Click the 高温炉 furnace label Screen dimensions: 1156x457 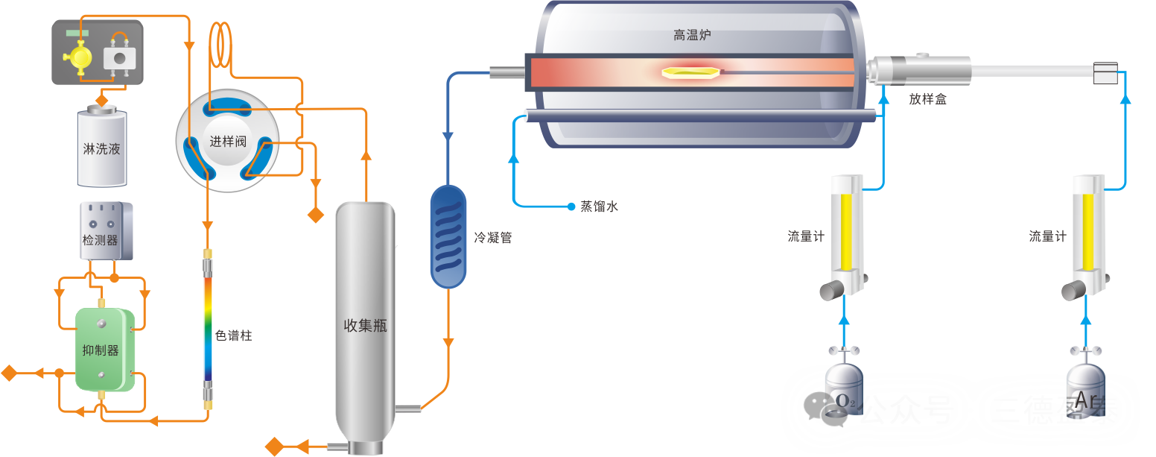pos(692,34)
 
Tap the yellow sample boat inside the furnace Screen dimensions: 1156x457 pos(690,72)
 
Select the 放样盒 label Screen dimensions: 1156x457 pos(927,98)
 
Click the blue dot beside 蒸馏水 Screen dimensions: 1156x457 pos(571,207)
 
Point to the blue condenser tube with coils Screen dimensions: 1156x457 pos(448,236)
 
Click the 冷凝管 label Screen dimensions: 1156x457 pos(493,238)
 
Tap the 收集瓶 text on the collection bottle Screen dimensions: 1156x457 pos(366,325)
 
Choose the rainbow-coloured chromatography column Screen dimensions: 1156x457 pos(208,329)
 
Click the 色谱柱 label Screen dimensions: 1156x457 pos(233,335)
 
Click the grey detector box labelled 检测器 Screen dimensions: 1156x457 pos(106,231)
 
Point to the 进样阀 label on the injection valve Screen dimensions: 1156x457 pos(228,141)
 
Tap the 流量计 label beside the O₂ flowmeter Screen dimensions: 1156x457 pos(806,236)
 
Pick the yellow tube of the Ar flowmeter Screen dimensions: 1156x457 pos(1088,232)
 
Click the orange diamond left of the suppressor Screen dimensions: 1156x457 pos(9,373)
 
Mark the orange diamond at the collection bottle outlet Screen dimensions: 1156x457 pos(275,447)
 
